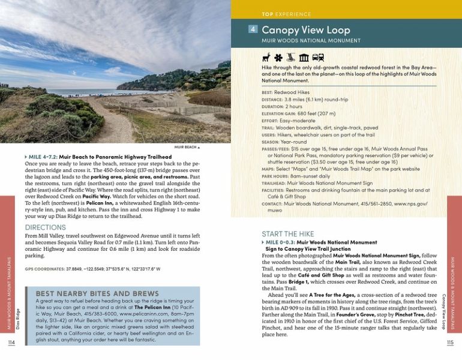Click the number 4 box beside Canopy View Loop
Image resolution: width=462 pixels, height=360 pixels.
(x=253, y=29)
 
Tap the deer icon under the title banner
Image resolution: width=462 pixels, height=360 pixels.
(x=266, y=58)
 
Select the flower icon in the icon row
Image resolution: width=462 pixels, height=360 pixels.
(x=278, y=58)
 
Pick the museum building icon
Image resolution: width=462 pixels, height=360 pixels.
(x=304, y=58)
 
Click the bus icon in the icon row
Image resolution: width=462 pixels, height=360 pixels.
(x=318, y=58)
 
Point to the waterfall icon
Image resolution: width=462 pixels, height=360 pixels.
(x=290, y=58)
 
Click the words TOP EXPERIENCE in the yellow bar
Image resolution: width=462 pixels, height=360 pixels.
(x=286, y=14)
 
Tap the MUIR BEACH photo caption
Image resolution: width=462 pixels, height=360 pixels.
(x=186, y=146)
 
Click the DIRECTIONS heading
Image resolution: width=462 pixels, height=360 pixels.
(x=46, y=227)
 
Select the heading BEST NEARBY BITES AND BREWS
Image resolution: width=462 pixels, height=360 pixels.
(x=97, y=293)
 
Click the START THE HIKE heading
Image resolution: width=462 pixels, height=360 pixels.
(x=289, y=233)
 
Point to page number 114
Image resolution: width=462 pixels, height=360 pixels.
(x=11, y=343)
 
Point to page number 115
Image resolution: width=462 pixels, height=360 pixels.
(x=450, y=343)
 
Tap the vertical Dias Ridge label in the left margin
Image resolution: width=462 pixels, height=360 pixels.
(x=17, y=319)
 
